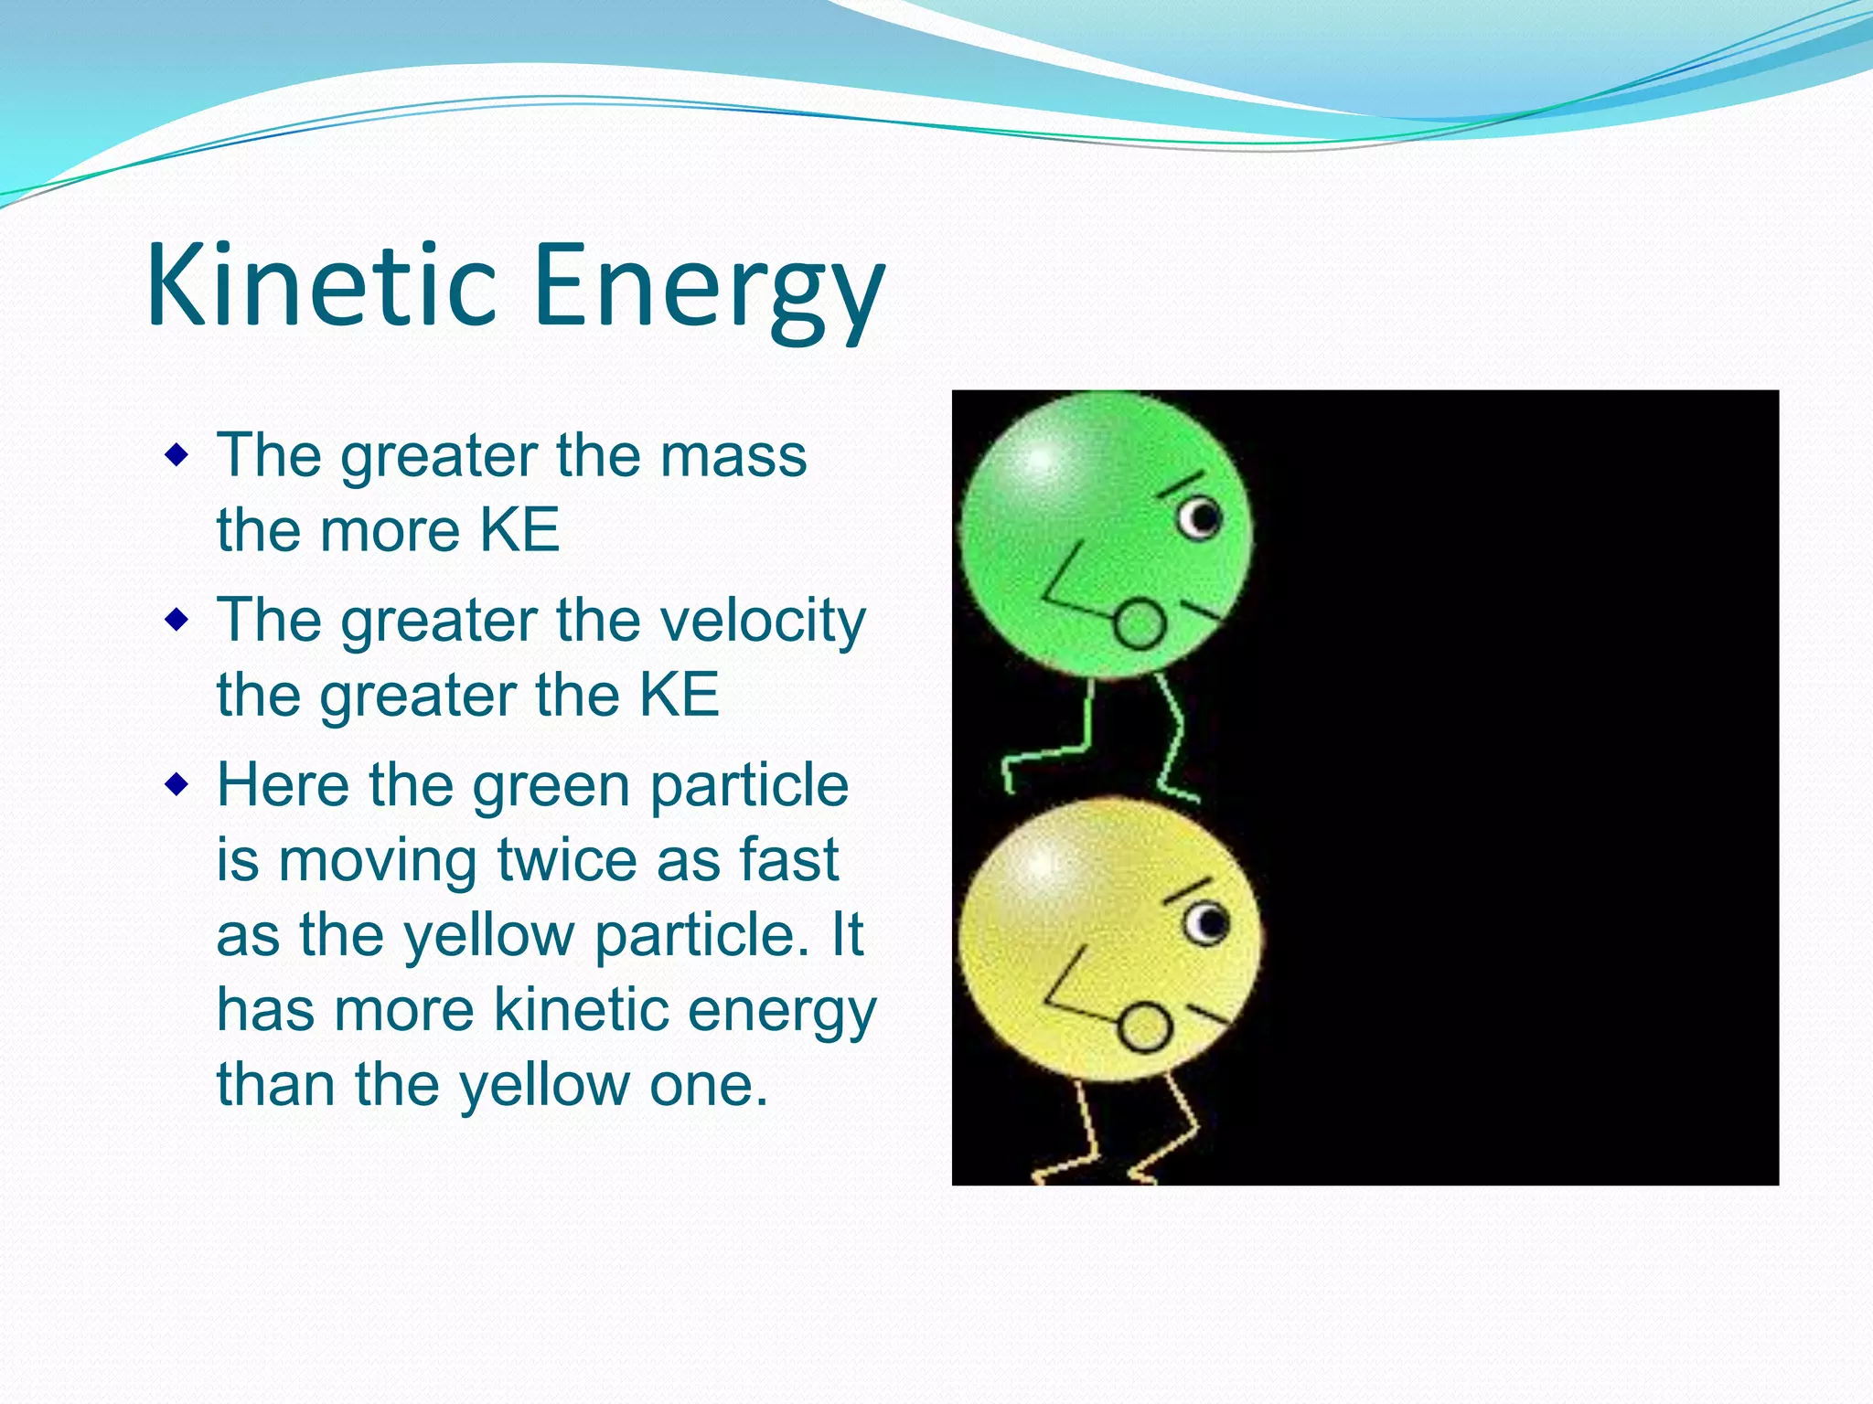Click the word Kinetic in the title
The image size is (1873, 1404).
click(x=320, y=285)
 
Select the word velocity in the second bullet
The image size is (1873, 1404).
click(x=763, y=622)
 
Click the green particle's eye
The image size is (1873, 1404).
click(x=1200, y=518)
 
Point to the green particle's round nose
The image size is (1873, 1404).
click(x=1140, y=624)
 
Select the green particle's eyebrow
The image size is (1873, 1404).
click(x=1182, y=484)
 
